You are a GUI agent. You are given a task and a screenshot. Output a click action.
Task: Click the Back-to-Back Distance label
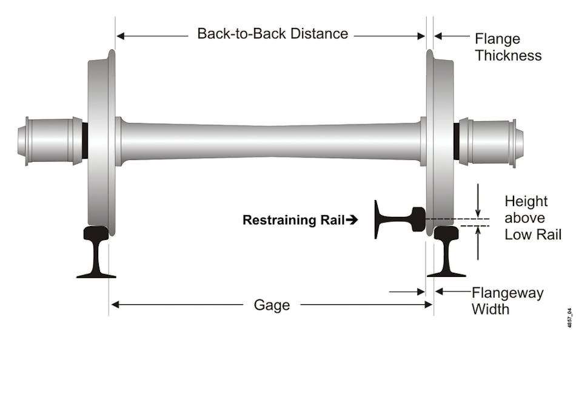point(272,34)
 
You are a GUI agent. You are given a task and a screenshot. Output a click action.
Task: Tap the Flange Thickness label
point(507,47)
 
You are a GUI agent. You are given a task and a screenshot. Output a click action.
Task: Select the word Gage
point(271,305)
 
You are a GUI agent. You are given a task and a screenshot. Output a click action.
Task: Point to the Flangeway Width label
point(507,301)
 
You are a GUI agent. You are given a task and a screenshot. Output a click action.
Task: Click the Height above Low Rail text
point(532,218)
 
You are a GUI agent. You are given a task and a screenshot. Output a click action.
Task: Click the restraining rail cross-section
point(398,219)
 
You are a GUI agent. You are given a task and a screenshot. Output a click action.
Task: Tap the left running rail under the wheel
point(96,252)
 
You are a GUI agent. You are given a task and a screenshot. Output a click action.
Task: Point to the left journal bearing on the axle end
point(51,141)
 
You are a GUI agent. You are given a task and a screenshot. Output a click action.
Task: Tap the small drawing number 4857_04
point(569,318)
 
